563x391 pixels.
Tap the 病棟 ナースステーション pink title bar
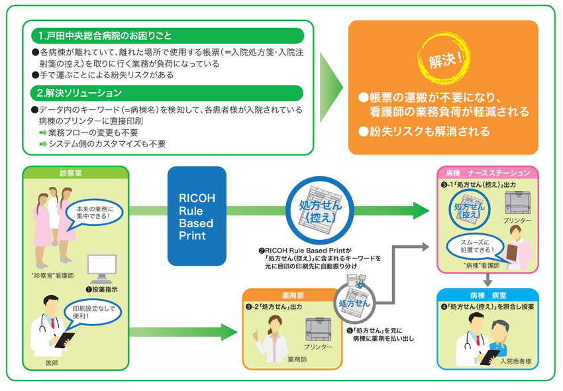(x=487, y=173)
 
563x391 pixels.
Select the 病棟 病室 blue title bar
(x=487, y=295)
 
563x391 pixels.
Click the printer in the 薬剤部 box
(x=318, y=329)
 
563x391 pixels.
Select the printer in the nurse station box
(x=517, y=202)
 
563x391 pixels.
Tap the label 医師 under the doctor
(x=52, y=363)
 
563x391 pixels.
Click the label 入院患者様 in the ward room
(x=515, y=361)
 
